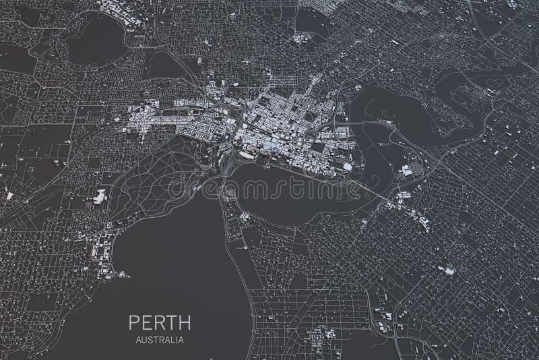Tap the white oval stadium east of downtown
tap(347, 166)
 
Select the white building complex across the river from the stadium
tap(406, 171)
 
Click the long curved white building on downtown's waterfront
tap(245, 156)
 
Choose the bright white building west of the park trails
tap(100, 197)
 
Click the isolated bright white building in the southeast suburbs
tap(446, 270)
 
